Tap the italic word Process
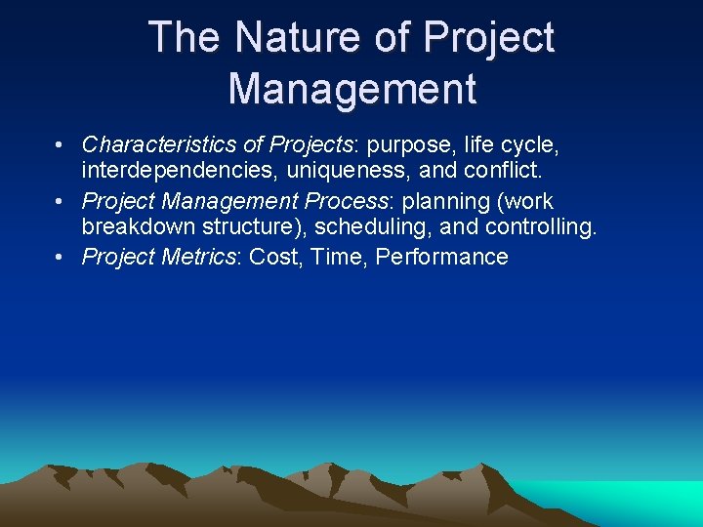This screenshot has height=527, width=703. click(350, 201)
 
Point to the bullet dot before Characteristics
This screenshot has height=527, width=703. click(61, 145)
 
